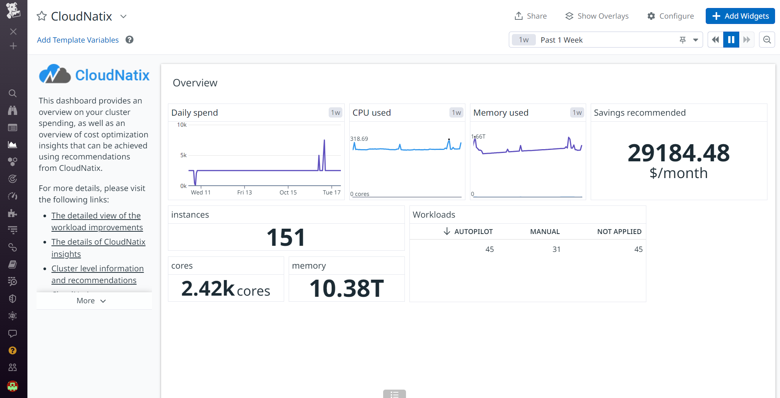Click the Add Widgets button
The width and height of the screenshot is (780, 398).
coord(740,16)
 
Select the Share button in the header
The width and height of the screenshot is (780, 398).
coord(531,16)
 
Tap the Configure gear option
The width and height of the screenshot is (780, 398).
coord(670,16)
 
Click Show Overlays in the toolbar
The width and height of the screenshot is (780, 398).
coord(597,16)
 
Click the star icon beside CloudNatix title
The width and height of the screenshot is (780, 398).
coord(42,16)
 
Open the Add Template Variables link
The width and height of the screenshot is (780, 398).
coord(78,40)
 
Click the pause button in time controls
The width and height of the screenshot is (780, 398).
coord(731,40)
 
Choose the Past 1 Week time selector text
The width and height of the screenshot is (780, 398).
coord(561,40)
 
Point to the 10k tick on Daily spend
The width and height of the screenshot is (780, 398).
coord(182,125)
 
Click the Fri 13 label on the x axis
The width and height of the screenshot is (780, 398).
coord(245,193)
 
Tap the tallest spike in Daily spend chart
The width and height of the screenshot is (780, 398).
coord(324,140)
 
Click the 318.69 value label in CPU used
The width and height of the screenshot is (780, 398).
coord(359,139)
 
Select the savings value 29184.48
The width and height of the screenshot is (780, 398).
coord(678,153)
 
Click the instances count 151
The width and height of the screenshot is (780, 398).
coord(286,237)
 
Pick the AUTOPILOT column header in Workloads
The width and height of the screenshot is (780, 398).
coord(473,232)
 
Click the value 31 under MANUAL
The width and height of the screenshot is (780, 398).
coord(556,249)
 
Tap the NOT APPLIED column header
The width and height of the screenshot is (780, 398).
coord(619,232)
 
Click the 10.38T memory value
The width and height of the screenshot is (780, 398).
coord(347,288)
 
